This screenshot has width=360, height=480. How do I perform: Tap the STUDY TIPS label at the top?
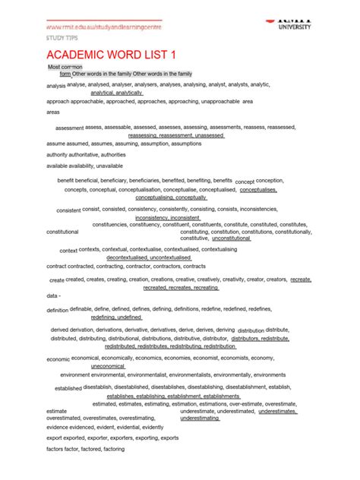point(61,36)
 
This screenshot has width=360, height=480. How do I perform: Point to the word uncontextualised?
point(164,257)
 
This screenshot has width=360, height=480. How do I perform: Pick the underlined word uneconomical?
point(108,366)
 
